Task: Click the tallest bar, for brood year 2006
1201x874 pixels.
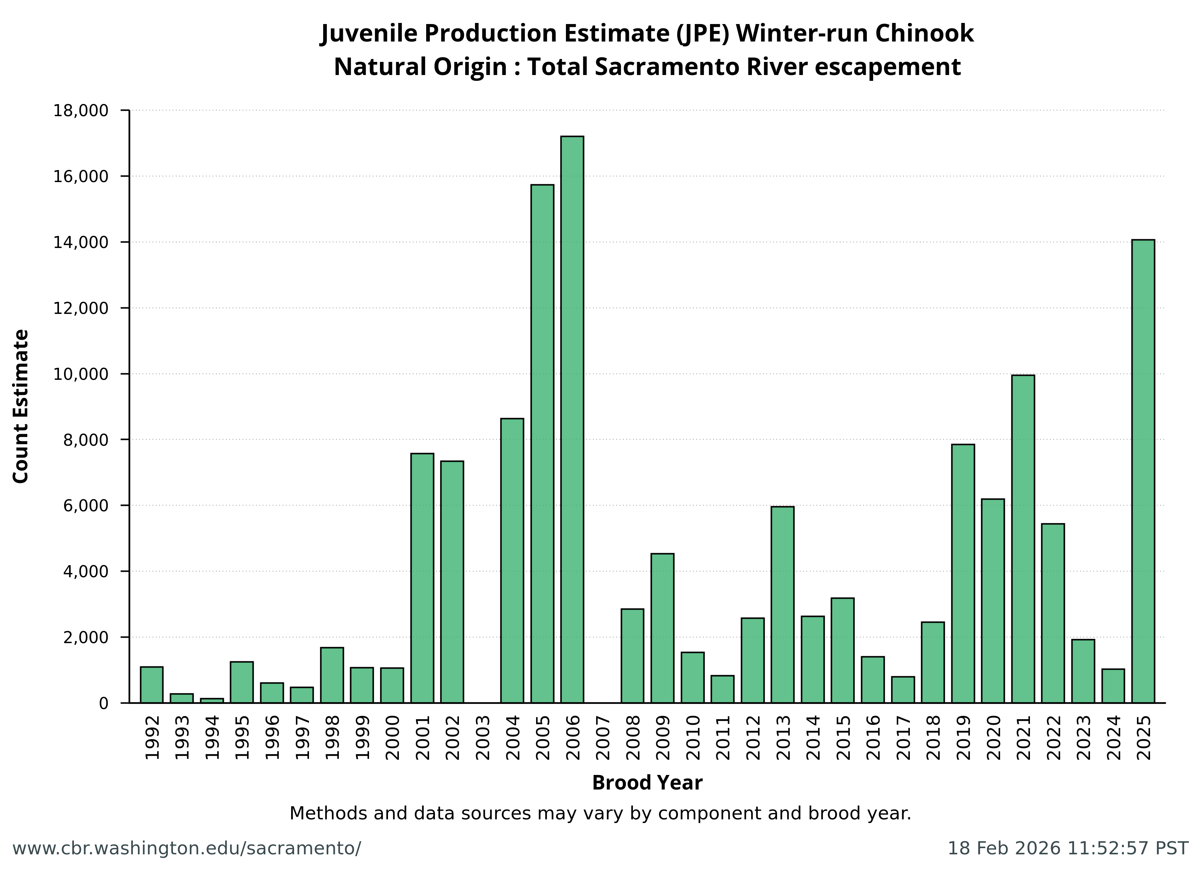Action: point(572,419)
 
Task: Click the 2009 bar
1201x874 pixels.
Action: point(662,628)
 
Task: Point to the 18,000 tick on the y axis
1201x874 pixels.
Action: point(80,111)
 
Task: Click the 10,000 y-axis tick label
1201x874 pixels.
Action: point(80,374)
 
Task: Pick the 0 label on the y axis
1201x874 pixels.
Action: point(103,703)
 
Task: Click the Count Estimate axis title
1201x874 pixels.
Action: point(21,406)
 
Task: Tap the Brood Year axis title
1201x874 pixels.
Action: point(647,783)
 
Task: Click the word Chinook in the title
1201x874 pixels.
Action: point(924,34)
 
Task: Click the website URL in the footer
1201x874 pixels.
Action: point(186,849)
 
